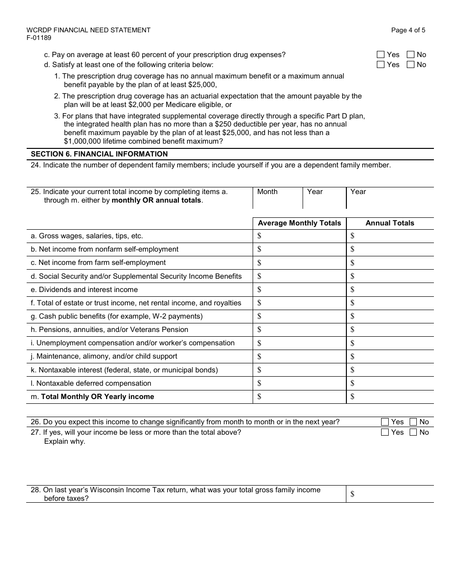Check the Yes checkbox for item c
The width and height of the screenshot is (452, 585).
381,55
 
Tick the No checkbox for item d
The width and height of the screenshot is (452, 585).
411,65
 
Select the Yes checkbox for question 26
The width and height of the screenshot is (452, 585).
385,422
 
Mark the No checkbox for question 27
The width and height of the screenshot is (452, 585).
413,432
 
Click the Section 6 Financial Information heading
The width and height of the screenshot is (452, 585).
99,154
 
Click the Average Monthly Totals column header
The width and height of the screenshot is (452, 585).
299,223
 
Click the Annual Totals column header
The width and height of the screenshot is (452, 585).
390,223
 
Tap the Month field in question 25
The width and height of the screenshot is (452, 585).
277,198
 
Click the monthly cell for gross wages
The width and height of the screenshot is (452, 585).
299,236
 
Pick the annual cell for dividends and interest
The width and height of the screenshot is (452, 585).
390,290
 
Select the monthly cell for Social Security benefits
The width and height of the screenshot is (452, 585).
299,276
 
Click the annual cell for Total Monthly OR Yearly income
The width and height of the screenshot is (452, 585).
390,397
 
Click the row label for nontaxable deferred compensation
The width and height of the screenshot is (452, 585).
91,383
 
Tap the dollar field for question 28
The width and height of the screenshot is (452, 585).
390,494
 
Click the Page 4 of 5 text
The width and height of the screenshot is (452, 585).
408,30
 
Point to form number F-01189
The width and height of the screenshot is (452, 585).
39,38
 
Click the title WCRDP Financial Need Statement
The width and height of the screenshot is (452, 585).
88,30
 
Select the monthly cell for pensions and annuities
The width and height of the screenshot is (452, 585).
299,330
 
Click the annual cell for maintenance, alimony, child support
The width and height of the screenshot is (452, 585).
390,356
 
